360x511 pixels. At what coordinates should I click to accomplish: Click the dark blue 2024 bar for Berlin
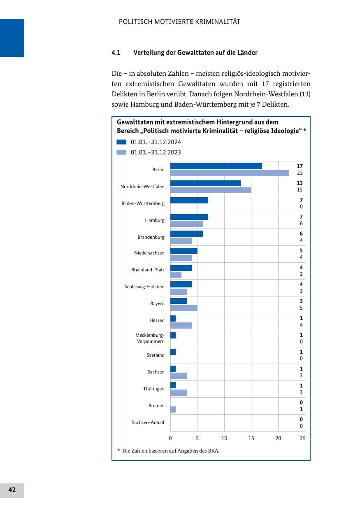coord(216,166)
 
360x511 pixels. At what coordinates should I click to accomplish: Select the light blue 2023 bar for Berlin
coord(230,173)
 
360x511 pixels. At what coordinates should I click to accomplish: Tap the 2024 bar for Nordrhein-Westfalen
coord(205,183)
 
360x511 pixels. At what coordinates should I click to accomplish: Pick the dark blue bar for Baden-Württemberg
coord(189,200)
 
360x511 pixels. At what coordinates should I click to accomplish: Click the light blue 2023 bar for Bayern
coord(184,308)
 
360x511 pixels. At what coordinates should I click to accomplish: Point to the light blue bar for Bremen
coord(173,409)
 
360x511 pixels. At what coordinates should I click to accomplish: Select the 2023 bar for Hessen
coord(181,325)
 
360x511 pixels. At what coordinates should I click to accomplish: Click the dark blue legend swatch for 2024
coord(121,142)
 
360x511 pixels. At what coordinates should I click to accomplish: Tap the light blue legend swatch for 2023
coord(121,152)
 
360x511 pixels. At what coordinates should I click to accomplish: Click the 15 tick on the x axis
coord(251,438)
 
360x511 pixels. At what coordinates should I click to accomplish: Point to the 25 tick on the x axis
coord(302,438)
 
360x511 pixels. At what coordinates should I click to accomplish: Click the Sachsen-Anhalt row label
coord(148,422)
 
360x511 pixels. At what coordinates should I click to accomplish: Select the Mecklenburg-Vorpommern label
coord(150,338)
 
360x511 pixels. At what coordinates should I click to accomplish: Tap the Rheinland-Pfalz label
coord(148,270)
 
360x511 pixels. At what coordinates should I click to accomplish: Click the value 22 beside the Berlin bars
coord(300,173)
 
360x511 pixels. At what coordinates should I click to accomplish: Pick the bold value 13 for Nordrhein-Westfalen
coord(300,183)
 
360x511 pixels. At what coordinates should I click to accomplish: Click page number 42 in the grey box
coord(12,490)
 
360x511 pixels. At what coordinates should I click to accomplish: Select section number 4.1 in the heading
coord(116,53)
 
